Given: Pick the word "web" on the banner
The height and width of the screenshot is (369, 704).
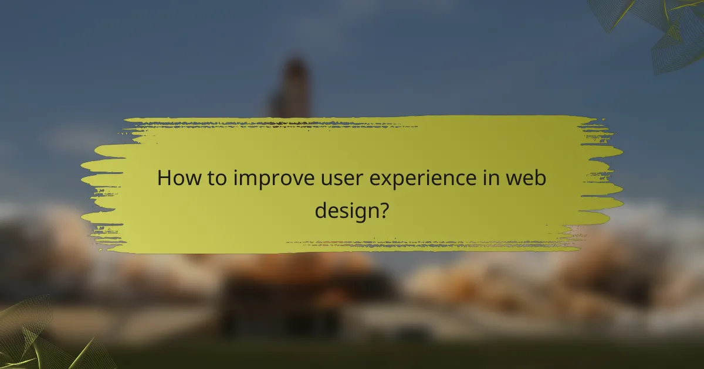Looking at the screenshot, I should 529,178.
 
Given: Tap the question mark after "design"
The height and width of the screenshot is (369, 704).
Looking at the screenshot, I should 382,209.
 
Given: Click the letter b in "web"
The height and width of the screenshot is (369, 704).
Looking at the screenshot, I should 540,177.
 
